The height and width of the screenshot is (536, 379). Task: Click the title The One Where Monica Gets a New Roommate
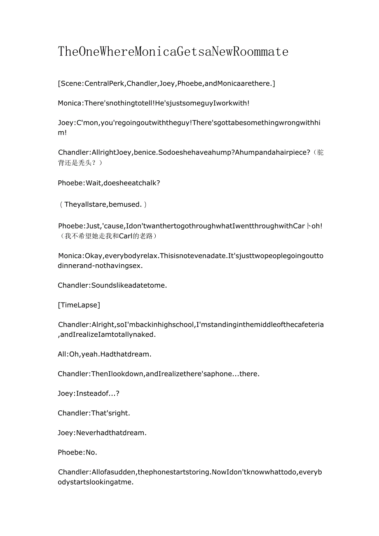(173, 51)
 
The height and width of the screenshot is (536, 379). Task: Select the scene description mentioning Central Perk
(166, 84)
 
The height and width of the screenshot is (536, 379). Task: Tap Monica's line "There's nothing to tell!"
(154, 103)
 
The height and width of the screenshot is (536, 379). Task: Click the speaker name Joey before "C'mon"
(66, 123)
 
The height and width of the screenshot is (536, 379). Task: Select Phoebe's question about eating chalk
(109, 183)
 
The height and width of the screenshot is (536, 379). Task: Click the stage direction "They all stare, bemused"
(103, 205)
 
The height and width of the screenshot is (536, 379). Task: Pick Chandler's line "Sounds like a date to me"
(112, 285)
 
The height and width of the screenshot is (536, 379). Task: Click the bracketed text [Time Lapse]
(79, 305)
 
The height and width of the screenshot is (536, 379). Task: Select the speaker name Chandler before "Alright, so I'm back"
(73, 325)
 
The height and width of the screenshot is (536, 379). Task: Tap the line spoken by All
(105, 354)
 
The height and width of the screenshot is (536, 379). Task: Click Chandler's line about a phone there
(159, 374)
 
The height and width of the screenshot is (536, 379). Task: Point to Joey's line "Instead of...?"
(89, 394)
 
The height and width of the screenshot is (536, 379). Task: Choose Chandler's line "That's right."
(94, 413)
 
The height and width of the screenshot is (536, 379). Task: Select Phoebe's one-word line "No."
(77, 452)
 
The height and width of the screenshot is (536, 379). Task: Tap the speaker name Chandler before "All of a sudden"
(73, 472)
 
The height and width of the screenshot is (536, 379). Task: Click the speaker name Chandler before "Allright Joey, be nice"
(73, 153)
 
